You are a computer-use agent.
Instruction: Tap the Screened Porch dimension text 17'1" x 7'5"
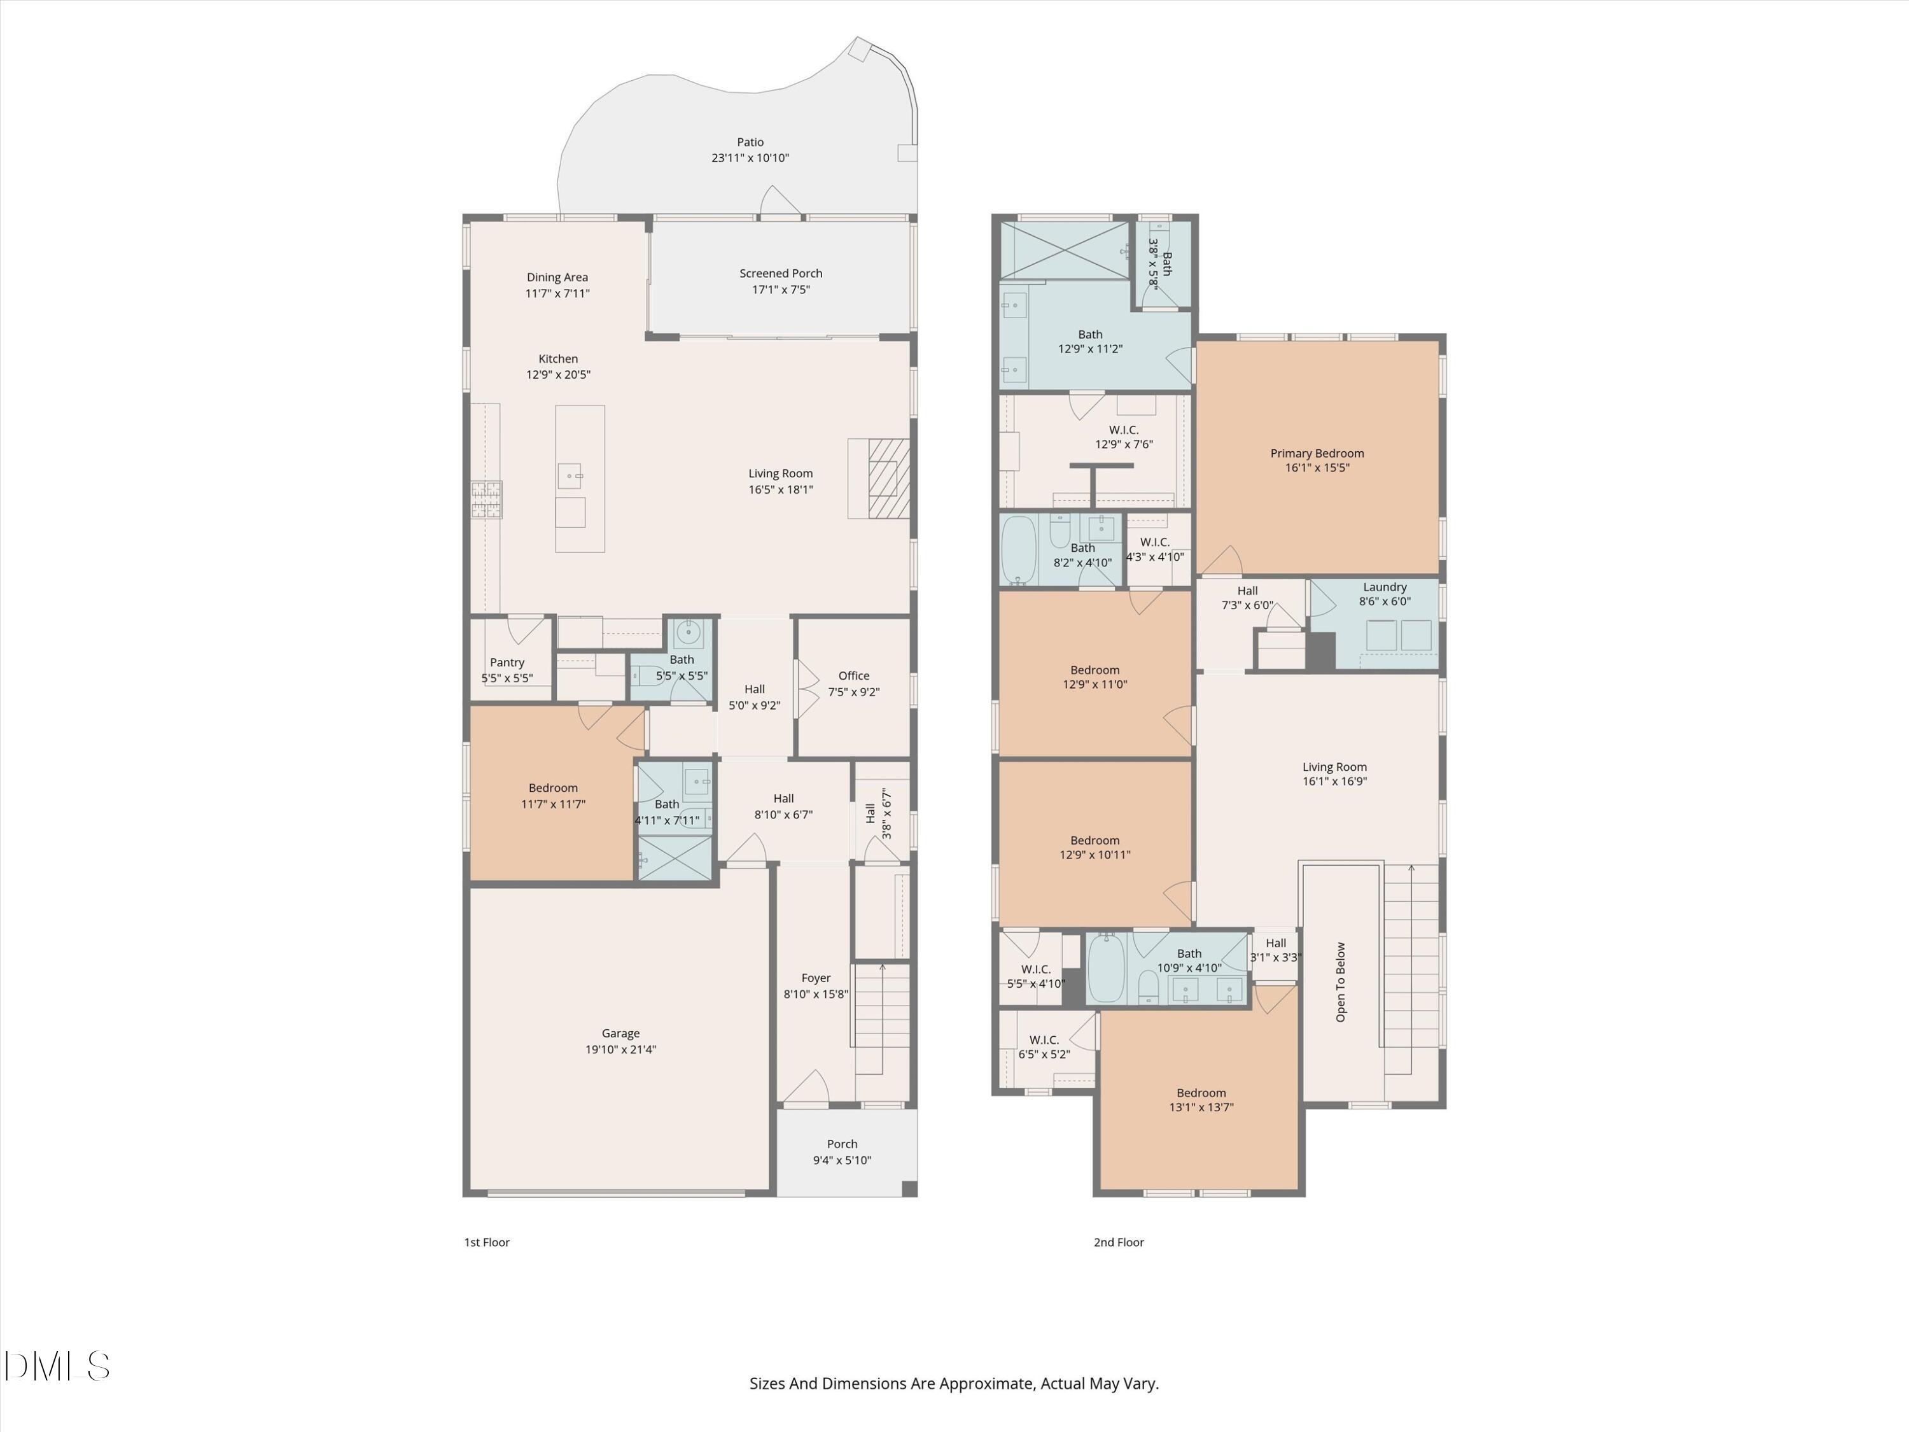pos(780,289)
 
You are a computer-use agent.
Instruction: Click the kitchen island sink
pos(570,475)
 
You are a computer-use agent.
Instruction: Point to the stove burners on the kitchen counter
pos(486,500)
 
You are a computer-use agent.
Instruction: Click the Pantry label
pos(507,662)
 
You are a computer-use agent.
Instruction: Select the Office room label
pos(853,676)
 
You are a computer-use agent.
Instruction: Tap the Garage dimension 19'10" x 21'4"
pos(620,1049)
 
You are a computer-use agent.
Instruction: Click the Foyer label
pos(816,978)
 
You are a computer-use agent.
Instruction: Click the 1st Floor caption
pos(487,1242)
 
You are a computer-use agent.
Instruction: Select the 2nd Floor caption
pos(1119,1242)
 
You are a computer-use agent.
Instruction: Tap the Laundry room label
pos(1384,587)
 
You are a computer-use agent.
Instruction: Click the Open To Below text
pos(1340,982)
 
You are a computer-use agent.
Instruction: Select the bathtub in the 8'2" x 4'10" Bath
pos(1018,551)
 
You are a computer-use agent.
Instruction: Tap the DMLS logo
pos(56,1366)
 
